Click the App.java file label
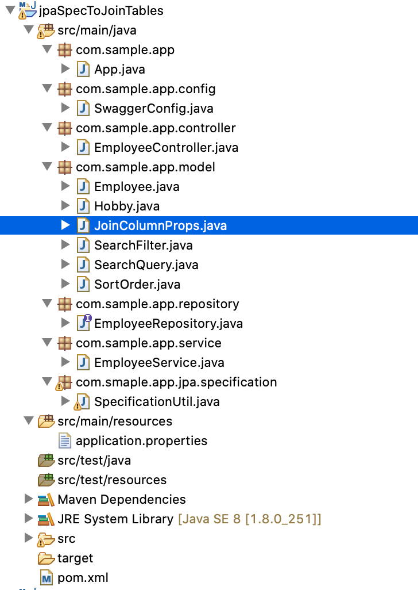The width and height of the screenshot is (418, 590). (x=119, y=70)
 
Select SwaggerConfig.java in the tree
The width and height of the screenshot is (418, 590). (x=153, y=109)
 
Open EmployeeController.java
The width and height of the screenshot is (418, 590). (x=166, y=148)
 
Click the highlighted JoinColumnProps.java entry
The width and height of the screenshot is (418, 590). (x=160, y=225)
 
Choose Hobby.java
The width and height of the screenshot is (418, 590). (x=127, y=206)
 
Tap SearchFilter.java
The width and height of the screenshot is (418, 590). (x=143, y=246)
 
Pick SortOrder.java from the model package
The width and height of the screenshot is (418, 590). (x=137, y=285)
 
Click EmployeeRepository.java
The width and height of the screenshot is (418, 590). (x=168, y=324)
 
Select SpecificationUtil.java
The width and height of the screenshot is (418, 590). (x=157, y=402)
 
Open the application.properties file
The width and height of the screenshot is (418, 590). (x=141, y=441)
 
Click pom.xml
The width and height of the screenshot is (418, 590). (x=83, y=577)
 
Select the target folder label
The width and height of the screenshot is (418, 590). (x=75, y=558)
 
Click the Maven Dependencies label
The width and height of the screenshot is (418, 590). (x=122, y=499)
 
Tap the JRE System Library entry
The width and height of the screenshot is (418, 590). (x=115, y=519)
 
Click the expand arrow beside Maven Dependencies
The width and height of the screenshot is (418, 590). (x=28, y=499)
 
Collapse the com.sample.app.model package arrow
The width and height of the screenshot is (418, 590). (x=47, y=167)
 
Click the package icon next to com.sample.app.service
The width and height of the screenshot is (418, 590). (x=65, y=343)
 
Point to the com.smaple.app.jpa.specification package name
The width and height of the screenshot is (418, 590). (x=176, y=382)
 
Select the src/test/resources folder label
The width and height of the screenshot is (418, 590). (x=112, y=480)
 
